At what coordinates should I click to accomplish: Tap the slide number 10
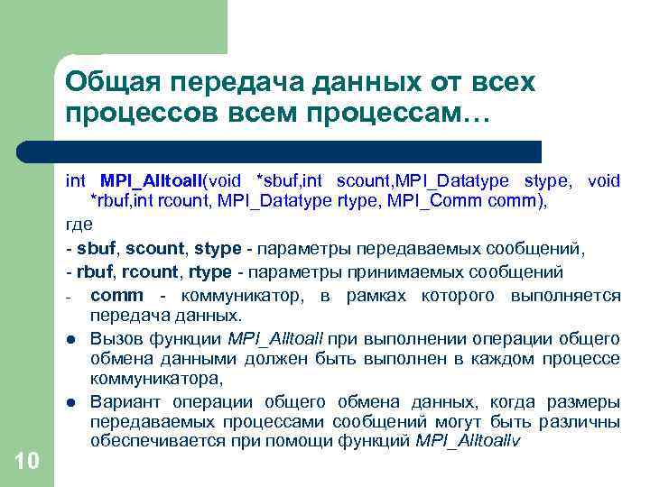pyautogui.click(x=27, y=462)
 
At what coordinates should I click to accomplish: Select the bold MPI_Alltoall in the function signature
pyautogui.click(x=153, y=181)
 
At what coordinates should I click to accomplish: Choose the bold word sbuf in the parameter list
pyautogui.click(x=96, y=248)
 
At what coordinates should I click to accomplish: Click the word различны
pyautogui.click(x=580, y=422)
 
